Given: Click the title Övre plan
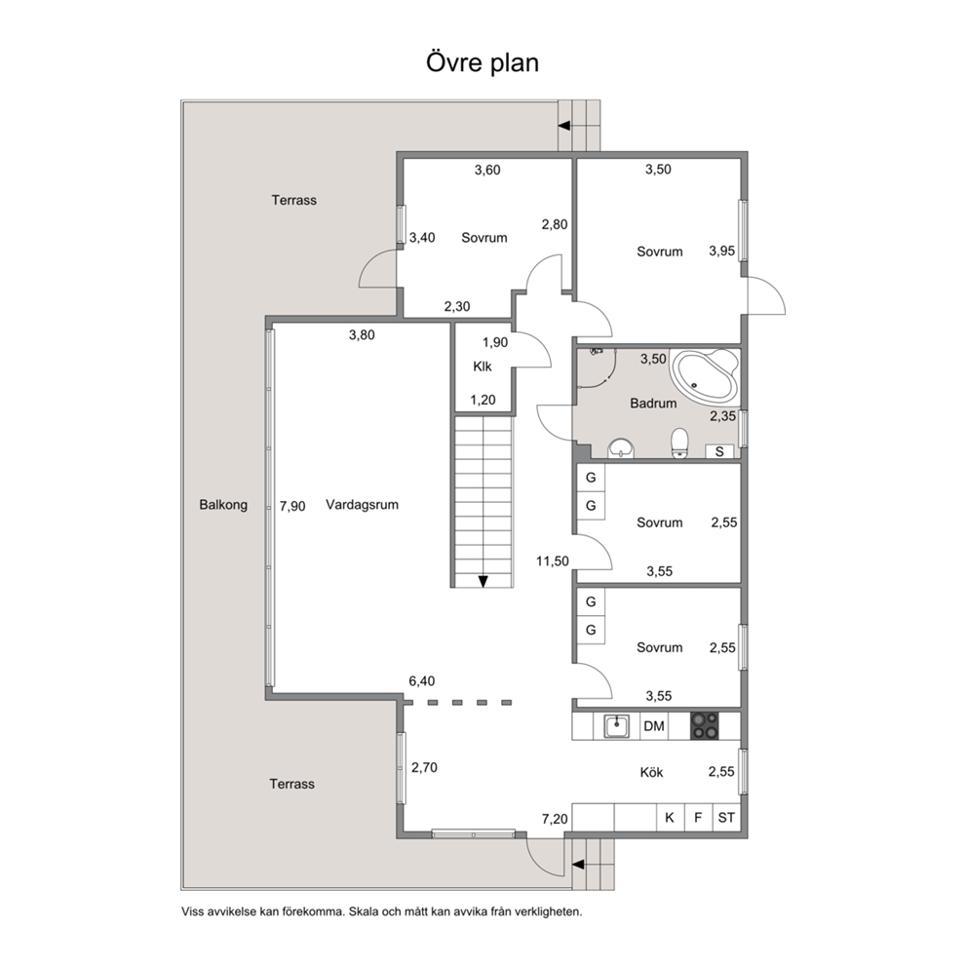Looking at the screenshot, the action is tap(483, 63).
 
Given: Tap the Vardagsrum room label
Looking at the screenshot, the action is tap(362, 505).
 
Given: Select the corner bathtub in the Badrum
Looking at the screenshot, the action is tap(705, 375).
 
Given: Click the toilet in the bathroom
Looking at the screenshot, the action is tap(679, 444).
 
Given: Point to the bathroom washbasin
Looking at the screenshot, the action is tap(620, 448).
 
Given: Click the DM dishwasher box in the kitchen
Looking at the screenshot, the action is tap(654, 726).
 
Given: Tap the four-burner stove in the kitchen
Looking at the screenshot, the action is tap(704, 726).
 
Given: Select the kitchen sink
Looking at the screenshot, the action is tap(616, 726).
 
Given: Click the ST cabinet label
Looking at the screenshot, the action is tap(726, 818).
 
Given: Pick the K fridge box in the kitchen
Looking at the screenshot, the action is tap(670, 818).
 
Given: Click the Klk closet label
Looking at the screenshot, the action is tap(483, 367).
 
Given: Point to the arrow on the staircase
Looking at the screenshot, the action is tap(483, 581).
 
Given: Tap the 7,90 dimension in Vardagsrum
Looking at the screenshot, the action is tap(292, 506).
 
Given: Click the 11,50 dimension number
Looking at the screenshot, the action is tap(553, 561).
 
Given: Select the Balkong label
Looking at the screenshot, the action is tap(223, 505).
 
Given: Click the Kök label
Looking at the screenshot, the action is tap(651, 772).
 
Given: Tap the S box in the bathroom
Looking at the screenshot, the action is tap(719, 451).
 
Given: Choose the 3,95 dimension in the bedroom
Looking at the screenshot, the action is tap(721, 251).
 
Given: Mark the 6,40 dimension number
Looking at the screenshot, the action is tap(422, 681).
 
